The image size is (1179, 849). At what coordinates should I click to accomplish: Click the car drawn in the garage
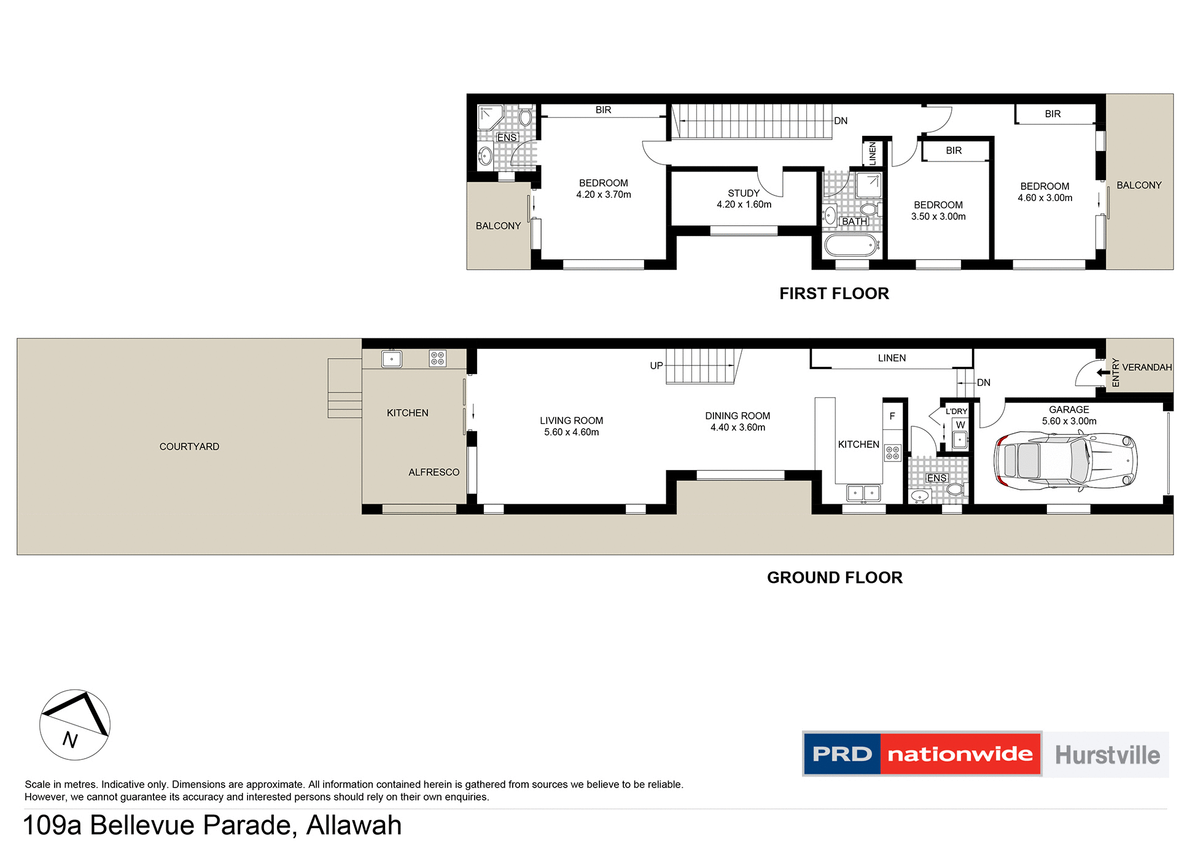[1065, 460]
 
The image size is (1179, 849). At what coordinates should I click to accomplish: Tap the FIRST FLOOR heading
[834, 294]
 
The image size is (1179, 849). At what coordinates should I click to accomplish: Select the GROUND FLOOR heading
[835, 577]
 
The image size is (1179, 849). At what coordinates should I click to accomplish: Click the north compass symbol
[75, 725]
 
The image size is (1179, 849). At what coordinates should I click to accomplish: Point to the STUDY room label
[744, 193]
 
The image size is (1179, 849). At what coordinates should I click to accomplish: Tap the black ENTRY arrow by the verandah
[1103, 372]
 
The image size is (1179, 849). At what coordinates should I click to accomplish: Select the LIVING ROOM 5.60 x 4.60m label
[571, 426]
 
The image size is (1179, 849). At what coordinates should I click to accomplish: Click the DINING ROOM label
[737, 416]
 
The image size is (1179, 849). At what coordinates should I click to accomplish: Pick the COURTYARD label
[189, 447]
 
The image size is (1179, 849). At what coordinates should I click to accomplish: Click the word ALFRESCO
[434, 472]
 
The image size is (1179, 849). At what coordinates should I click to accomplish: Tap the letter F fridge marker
[892, 416]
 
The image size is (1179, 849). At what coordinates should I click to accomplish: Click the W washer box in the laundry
[960, 424]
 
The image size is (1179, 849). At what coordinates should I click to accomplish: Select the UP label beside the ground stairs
[656, 366]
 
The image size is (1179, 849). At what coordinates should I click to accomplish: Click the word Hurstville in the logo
[1107, 754]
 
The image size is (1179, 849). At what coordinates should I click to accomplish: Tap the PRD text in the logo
[842, 754]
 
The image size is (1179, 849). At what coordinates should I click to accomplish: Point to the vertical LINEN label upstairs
[872, 154]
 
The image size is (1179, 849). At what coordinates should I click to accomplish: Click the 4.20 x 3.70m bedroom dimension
[603, 195]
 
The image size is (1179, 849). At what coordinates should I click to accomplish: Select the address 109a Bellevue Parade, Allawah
[212, 825]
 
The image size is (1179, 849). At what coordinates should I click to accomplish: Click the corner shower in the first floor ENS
[490, 117]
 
